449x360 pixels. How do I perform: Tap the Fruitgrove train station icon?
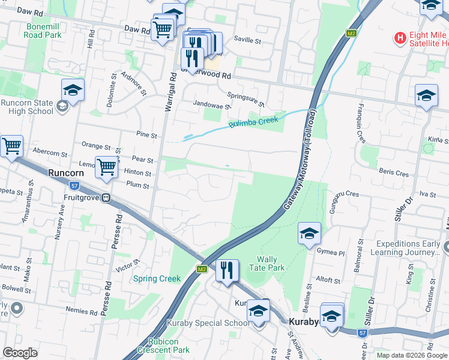click(106, 197)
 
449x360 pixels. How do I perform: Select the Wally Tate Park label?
click(262, 264)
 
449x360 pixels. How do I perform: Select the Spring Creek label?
click(157, 278)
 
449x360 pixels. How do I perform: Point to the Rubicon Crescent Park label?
click(163, 346)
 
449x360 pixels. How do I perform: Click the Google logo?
click(20, 353)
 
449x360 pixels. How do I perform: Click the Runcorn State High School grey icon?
click(61, 107)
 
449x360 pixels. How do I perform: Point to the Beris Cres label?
click(394, 173)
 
